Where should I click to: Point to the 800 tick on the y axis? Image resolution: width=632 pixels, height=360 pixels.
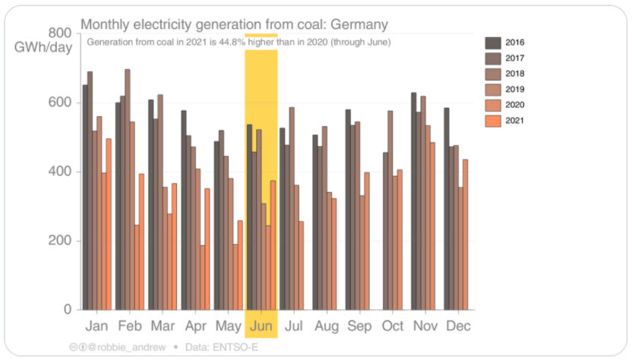click(61, 33)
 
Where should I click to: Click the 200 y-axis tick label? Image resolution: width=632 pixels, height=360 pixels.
click(61, 241)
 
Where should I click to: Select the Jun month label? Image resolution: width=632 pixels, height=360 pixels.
click(261, 326)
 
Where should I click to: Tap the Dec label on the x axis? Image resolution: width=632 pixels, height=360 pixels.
click(458, 326)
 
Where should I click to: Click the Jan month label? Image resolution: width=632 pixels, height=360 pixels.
click(96, 326)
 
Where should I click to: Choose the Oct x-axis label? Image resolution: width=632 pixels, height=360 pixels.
click(392, 326)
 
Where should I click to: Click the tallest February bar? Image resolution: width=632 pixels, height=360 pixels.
click(127, 189)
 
